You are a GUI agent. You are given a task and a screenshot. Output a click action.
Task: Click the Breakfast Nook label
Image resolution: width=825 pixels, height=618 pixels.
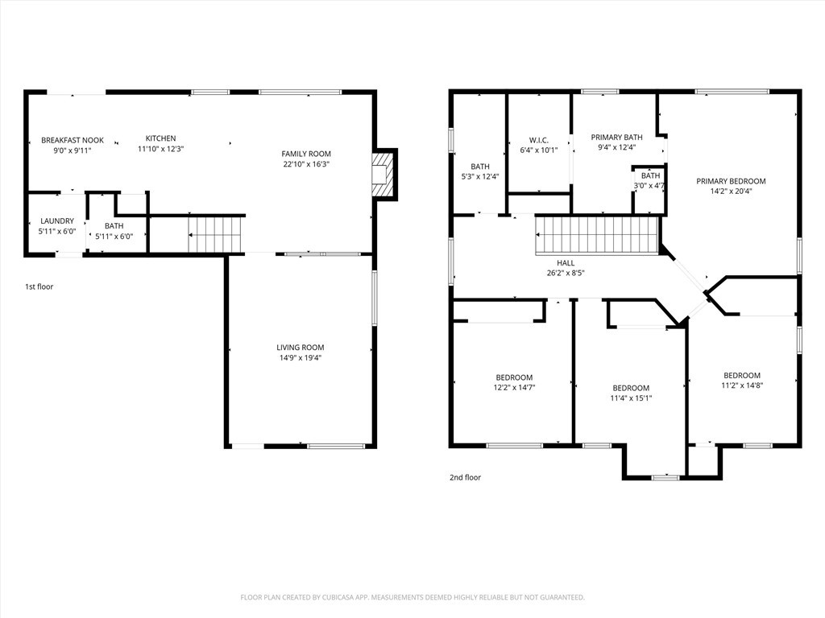point(73,140)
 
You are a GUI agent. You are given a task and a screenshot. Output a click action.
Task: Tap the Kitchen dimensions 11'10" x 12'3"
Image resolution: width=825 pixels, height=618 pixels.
point(160,149)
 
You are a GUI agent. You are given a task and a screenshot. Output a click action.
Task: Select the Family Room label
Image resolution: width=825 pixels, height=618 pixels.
point(306,154)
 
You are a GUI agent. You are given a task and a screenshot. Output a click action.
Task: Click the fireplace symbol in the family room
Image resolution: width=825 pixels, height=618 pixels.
point(383,175)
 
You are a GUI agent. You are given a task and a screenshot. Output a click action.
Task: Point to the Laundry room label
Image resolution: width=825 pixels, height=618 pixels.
point(57,221)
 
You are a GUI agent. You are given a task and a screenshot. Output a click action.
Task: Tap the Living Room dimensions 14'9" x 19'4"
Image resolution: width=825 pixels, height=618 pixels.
point(301,358)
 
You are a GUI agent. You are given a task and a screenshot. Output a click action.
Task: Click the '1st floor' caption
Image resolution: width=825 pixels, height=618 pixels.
point(39,286)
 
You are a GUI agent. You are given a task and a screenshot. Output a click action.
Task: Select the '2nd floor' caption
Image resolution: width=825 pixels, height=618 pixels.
point(465,477)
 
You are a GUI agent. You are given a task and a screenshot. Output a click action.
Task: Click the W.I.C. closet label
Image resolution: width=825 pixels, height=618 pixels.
point(539,140)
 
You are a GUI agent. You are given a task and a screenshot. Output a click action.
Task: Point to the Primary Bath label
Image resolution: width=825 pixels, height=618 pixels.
point(616,137)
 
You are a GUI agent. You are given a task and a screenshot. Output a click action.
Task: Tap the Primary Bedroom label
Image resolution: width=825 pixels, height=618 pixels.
point(732,181)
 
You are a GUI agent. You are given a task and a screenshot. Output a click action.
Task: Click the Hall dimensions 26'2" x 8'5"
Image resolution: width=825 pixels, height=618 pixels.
point(566,273)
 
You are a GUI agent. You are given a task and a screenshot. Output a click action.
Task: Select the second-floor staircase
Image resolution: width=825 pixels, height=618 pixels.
point(597,236)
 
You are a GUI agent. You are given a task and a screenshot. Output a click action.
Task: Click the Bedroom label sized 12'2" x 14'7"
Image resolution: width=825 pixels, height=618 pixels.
point(514,377)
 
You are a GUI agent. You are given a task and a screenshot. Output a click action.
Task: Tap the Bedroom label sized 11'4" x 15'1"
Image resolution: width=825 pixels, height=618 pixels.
point(631,388)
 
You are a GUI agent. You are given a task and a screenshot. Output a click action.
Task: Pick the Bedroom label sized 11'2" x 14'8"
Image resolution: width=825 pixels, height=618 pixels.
point(742,375)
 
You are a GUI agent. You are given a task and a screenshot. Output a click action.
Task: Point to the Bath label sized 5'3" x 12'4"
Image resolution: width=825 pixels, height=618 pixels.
point(480,167)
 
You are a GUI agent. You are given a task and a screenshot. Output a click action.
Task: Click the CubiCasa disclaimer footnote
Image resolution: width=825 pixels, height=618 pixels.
point(412,598)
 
